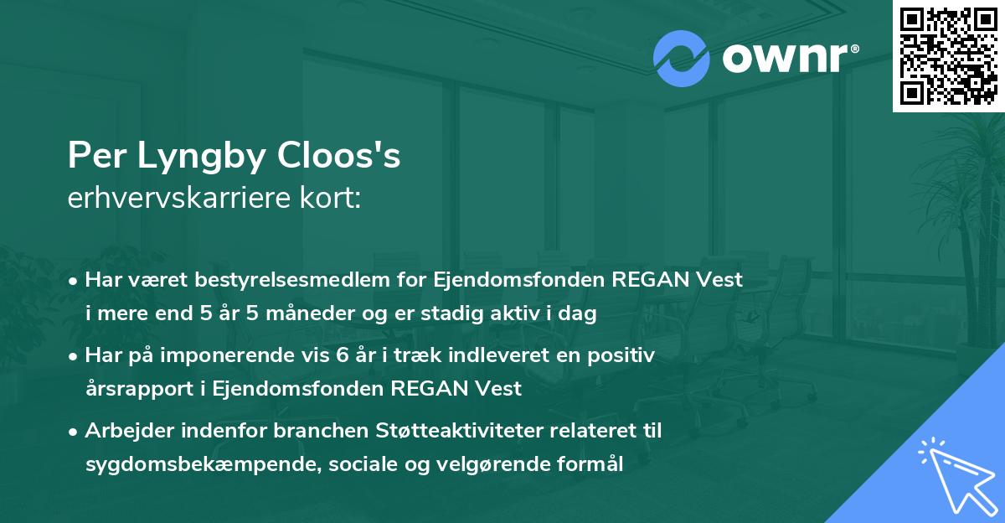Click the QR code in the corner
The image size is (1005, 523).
click(948, 56)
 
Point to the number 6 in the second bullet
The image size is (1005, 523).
click(342, 355)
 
